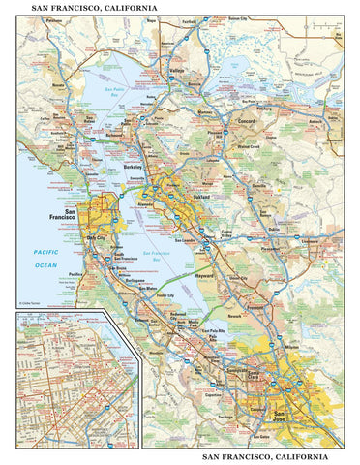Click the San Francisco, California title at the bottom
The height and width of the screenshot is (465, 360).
[273, 455]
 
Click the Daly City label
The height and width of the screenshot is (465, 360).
[96, 236]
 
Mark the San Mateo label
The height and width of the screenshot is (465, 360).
[151, 288]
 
